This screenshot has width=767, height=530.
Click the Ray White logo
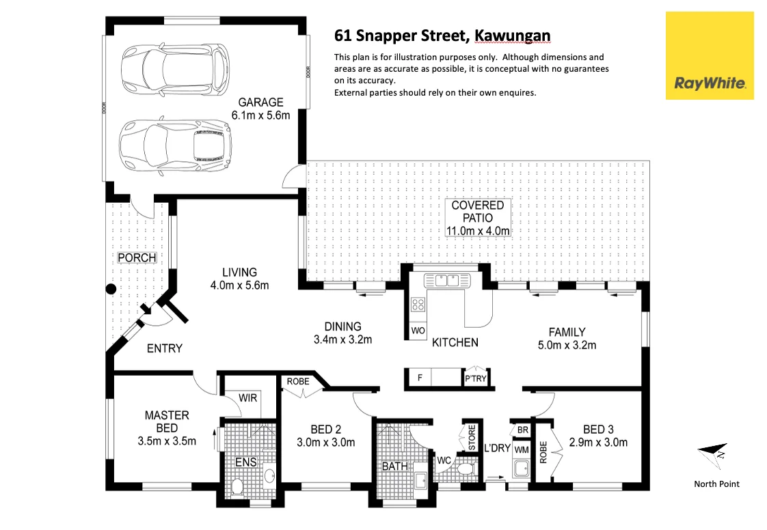pos(710,56)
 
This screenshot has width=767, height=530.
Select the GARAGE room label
pos(260,102)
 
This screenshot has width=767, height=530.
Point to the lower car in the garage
pos(175,145)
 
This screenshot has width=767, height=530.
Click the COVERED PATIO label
pos(477,212)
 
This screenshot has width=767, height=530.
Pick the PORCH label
pos(137,257)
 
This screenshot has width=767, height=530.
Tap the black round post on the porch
pos(111,289)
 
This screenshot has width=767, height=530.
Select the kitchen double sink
pos(447,280)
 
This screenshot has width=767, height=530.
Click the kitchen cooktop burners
pos(418,305)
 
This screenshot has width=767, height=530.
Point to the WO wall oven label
pos(418,331)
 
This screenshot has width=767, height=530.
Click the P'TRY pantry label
pos(476,378)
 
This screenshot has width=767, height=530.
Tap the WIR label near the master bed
pos(247,398)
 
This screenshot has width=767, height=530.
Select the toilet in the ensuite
pos(237,487)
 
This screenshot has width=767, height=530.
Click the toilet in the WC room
pos(465,470)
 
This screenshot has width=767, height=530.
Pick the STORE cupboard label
pos(472,437)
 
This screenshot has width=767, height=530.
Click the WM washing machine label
pos(522,450)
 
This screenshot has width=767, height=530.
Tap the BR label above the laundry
pos(522,430)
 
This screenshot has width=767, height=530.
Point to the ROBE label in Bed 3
pos(543,452)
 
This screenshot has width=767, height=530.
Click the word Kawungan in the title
pos(512,36)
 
